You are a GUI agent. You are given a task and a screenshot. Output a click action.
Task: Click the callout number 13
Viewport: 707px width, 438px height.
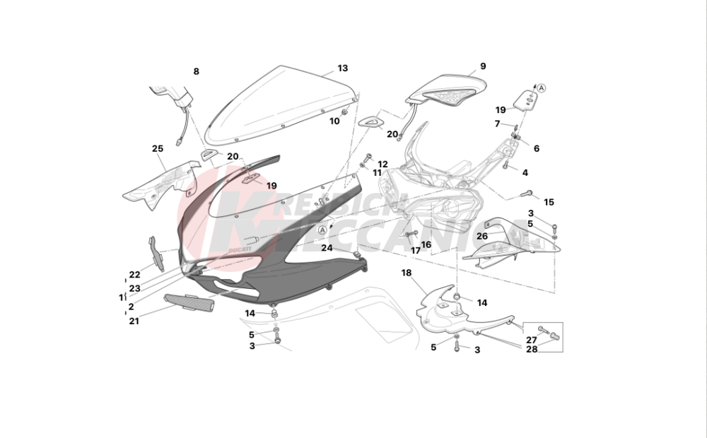tap(342, 69)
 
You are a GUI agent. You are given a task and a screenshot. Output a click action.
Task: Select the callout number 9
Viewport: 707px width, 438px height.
tap(483, 66)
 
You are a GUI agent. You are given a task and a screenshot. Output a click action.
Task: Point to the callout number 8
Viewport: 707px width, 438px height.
tap(196, 71)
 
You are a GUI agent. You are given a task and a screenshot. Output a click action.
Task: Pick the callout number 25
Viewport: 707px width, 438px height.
tap(157, 148)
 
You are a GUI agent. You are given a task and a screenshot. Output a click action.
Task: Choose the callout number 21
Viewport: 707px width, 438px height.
tap(134, 321)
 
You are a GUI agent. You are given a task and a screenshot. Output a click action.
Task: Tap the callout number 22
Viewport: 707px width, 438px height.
tap(134, 275)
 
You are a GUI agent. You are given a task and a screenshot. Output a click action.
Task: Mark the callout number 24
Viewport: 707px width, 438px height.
tap(327, 248)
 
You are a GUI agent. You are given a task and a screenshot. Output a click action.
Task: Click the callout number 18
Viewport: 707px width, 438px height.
tap(406, 272)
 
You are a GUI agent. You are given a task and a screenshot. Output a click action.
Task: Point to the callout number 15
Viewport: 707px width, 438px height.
tap(549, 202)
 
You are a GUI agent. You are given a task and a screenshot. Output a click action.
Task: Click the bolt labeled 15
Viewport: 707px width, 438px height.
tap(527, 192)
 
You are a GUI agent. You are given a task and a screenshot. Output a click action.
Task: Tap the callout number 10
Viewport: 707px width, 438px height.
tap(334, 121)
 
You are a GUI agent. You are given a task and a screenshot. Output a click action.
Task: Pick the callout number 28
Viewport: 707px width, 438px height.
tap(531, 350)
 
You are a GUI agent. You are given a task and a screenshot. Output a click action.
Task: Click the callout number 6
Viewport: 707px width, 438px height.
tap(536, 148)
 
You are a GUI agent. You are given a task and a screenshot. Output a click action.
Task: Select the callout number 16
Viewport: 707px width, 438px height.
tap(426, 245)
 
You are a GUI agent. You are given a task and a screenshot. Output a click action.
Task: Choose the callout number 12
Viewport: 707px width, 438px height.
tap(382, 164)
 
